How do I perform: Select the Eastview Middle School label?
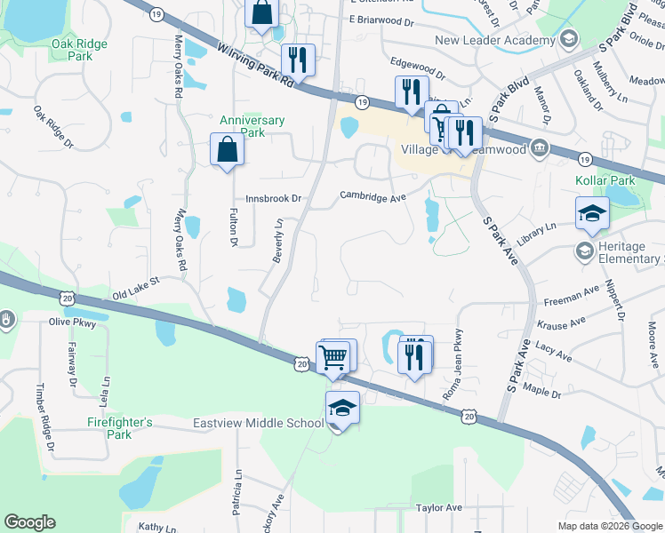[258, 423]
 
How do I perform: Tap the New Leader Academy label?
[493, 40]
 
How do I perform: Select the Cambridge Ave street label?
[373, 195]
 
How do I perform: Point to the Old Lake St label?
[135, 286]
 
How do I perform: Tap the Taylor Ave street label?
[439, 507]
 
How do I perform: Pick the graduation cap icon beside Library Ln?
[591, 213]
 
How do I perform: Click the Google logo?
[29, 522]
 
